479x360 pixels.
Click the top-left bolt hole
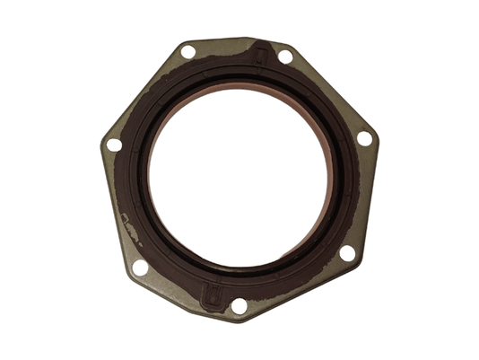click(x=187, y=52)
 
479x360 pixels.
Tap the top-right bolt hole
click(x=284, y=56)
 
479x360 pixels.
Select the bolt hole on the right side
click(x=364, y=139)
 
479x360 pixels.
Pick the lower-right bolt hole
click(x=347, y=254)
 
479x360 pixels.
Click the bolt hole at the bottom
click(x=239, y=305)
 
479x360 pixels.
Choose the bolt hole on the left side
click(x=113, y=145)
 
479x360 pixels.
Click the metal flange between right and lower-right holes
click(x=362, y=198)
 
